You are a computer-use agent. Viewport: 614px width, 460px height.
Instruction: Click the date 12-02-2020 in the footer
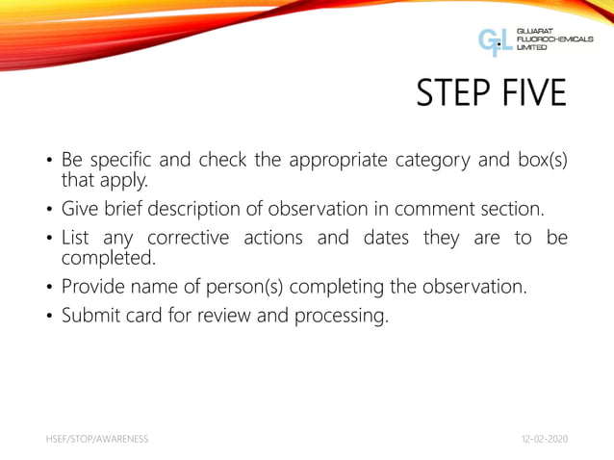(x=543, y=439)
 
